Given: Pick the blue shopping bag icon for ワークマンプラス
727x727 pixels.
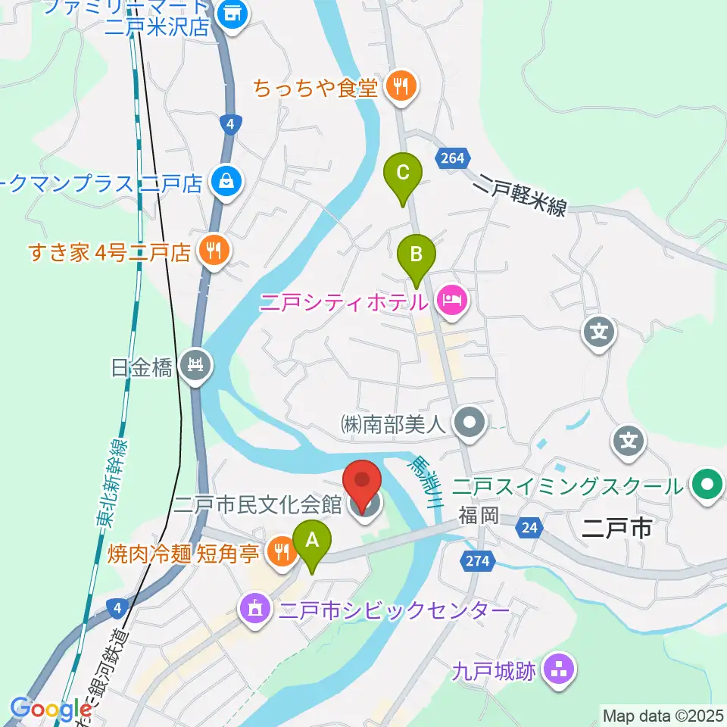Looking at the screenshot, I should (226, 182).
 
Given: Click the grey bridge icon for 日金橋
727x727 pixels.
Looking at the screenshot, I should (196, 367).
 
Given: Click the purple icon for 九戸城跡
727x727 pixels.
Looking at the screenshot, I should (560, 669).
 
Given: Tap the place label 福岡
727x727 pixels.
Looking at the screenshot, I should (479, 516).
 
